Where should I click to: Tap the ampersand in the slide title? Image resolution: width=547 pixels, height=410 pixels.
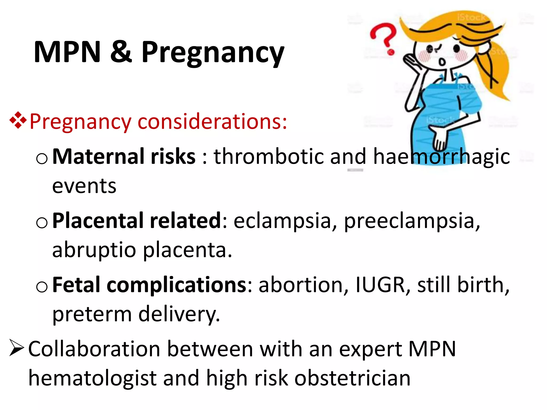point(121,52)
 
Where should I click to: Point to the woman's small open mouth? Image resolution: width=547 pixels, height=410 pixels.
point(442,62)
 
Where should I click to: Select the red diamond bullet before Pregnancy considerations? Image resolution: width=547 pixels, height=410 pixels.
point(18,121)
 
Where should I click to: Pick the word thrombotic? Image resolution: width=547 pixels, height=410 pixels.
point(268,156)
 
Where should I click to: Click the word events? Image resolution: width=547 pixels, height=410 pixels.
point(84,186)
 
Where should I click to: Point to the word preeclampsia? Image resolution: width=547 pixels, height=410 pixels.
point(412,221)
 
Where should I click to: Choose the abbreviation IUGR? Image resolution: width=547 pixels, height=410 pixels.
point(380,285)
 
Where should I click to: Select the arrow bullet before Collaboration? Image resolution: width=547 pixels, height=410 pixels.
point(17,348)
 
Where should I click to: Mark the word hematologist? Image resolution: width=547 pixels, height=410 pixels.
point(92,378)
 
